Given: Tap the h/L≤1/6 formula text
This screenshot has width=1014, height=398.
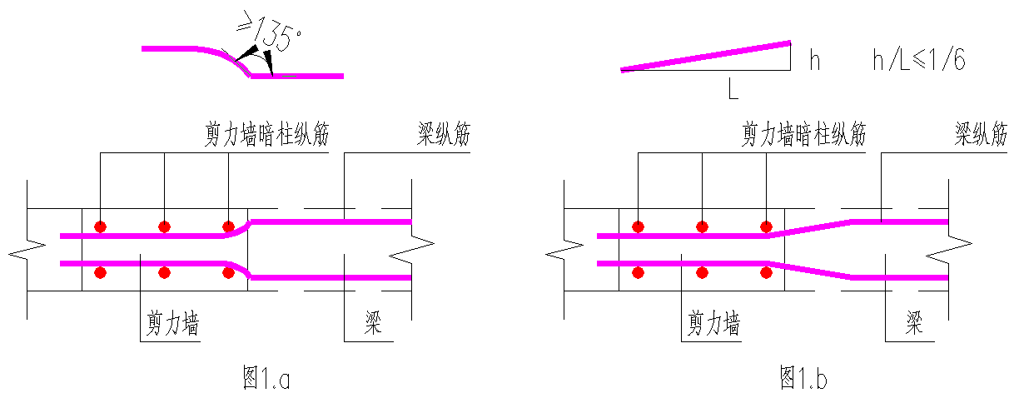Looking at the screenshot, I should coord(918,60).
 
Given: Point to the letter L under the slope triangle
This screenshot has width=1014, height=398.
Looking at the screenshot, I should coord(732,88).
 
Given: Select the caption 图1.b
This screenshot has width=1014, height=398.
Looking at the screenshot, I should coord(803,379).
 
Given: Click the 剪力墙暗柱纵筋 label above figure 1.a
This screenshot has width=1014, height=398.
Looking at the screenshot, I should coord(267,135).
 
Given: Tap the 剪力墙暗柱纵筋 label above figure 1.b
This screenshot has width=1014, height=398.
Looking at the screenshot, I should coord(803,135).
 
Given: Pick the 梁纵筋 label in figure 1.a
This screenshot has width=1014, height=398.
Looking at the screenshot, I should coord(443,135).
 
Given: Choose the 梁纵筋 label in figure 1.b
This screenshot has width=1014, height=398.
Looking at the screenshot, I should coord(981,135).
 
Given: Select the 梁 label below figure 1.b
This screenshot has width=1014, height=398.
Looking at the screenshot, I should coord(914,323).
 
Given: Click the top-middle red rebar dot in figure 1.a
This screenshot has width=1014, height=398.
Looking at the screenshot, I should coord(164,226).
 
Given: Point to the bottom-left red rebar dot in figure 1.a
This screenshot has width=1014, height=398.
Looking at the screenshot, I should coord(100,272).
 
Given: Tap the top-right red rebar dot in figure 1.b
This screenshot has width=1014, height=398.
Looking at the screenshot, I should coord(766,226).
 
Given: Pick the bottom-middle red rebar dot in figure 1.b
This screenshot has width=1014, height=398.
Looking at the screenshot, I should coord(702,272).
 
